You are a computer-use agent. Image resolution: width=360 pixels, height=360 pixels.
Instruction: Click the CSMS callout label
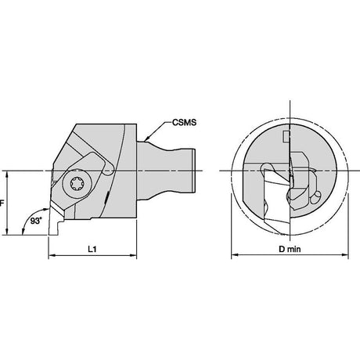point(184,122)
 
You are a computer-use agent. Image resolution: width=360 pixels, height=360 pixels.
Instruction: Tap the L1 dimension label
point(92,249)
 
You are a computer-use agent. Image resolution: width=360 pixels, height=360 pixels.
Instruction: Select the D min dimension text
point(290,249)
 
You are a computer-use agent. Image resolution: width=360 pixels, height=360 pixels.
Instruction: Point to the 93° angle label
point(36,221)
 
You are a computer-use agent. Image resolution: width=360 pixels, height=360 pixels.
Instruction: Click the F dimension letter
point(2,203)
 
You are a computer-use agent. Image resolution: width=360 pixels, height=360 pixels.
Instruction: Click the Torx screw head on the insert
point(77,184)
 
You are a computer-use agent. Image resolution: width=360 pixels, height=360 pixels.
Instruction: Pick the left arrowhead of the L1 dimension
point(52,256)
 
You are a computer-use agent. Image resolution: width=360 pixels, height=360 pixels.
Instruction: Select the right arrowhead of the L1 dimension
point(133,256)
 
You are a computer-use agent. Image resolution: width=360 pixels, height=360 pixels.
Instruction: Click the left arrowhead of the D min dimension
point(235,254)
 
